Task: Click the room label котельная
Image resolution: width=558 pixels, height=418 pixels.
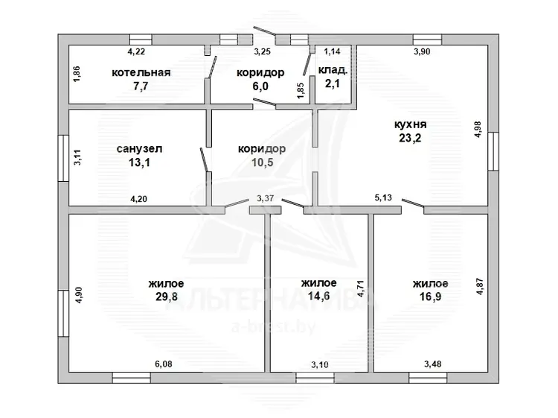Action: click(141, 73)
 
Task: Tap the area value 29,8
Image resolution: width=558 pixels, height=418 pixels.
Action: click(166, 297)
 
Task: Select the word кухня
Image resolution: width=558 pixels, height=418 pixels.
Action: click(410, 124)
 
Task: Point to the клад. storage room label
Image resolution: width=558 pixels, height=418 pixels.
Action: click(333, 70)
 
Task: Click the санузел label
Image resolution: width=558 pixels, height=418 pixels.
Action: click(139, 148)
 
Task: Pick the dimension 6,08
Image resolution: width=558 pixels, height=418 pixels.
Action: click(164, 364)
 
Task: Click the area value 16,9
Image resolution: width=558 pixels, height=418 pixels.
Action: click(430, 297)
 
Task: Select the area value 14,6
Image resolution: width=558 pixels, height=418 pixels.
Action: click(318, 296)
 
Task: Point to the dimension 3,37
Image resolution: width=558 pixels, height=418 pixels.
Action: click(265, 198)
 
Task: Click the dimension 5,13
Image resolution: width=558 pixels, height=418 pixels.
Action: click(383, 197)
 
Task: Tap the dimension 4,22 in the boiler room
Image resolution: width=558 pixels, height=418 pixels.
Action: click(136, 51)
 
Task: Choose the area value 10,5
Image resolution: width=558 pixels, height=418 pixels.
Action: click(263, 162)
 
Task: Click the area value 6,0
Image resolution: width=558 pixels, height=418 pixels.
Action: click(260, 86)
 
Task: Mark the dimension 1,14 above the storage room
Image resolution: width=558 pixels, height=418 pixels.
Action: click(332, 51)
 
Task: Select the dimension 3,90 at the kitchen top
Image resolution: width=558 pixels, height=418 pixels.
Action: click(422, 51)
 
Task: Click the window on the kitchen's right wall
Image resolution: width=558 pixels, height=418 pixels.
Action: click(493, 151)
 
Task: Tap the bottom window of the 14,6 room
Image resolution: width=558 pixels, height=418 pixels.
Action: click(315, 378)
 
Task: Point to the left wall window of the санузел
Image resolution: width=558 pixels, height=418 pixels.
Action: click(63, 158)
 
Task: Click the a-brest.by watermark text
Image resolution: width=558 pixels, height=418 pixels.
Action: click(273, 327)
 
